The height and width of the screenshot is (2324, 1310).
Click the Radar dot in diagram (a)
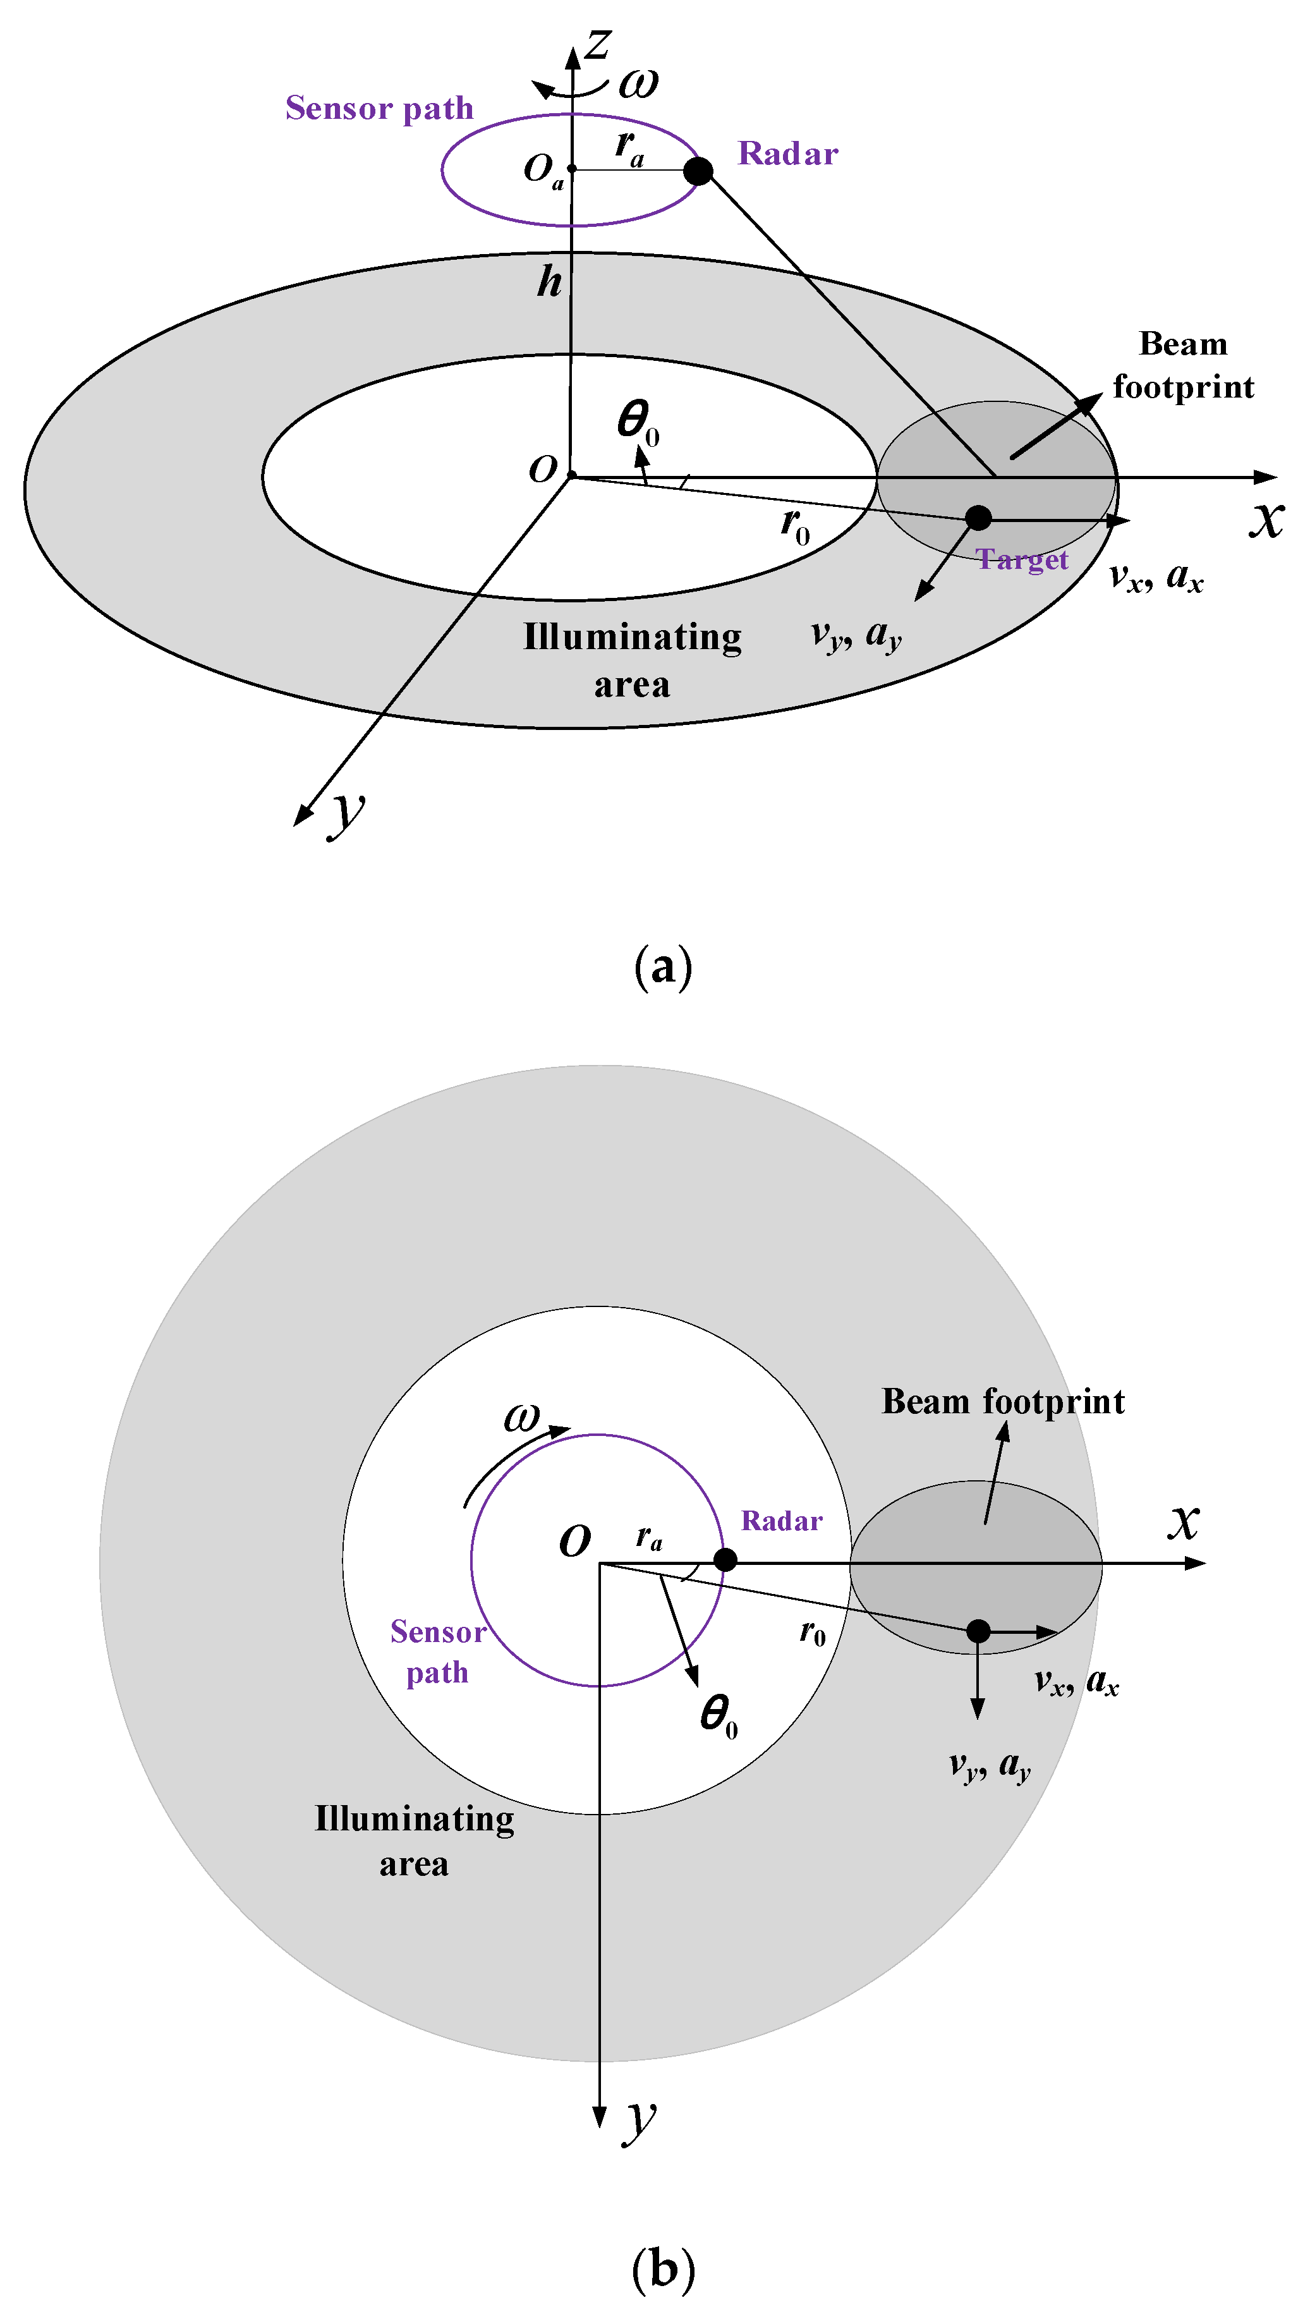click(x=698, y=171)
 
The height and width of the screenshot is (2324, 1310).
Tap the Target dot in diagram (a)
click(x=978, y=518)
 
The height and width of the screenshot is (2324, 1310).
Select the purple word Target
click(x=1022, y=560)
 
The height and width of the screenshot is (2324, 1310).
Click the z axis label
click(x=597, y=44)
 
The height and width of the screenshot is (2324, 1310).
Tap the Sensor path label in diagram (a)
click(x=379, y=108)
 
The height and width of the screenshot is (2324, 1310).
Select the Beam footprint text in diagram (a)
click(x=1183, y=365)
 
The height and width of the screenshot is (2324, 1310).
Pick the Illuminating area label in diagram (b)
click(x=414, y=1840)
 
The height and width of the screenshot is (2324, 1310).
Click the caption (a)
click(x=663, y=967)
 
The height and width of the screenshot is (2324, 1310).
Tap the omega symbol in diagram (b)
click(x=521, y=1417)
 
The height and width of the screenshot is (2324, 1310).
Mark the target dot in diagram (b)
click(x=978, y=1631)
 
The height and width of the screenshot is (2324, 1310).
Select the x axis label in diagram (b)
click(x=1184, y=1521)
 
